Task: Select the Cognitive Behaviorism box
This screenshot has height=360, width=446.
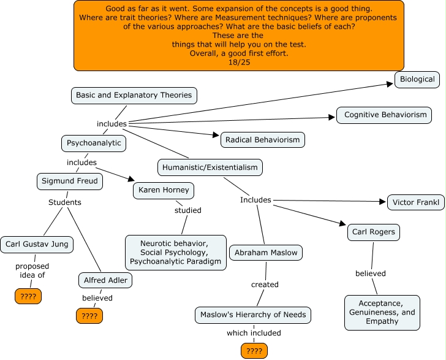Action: [x=385, y=115]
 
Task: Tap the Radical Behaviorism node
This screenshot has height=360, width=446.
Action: [x=262, y=140]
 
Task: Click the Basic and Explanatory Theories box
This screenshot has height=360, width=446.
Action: [x=134, y=95]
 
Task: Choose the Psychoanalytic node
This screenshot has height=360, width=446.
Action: [x=94, y=144]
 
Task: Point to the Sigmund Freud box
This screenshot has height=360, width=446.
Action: [x=69, y=182]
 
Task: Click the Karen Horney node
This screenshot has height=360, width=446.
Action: [x=164, y=190]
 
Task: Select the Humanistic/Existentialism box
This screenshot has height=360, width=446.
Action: [x=210, y=167]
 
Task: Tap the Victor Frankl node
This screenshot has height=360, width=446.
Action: [x=415, y=202]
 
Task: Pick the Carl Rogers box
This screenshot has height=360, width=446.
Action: [x=374, y=232]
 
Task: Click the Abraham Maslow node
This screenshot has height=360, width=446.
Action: [x=266, y=252]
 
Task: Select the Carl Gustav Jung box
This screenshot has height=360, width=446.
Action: [x=37, y=244]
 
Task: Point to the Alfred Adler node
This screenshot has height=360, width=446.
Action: [x=105, y=280]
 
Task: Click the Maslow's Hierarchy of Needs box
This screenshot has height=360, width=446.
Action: [x=254, y=315]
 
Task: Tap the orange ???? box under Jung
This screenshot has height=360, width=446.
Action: [x=28, y=297]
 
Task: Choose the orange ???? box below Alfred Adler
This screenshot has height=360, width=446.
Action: [x=89, y=316]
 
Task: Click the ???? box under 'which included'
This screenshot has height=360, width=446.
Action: [x=254, y=351]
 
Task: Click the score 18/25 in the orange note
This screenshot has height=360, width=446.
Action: [x=238, y=63]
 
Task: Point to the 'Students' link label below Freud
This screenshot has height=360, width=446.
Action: [x=65, y=202]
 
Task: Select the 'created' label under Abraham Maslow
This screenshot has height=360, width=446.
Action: [x=265, y=285]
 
